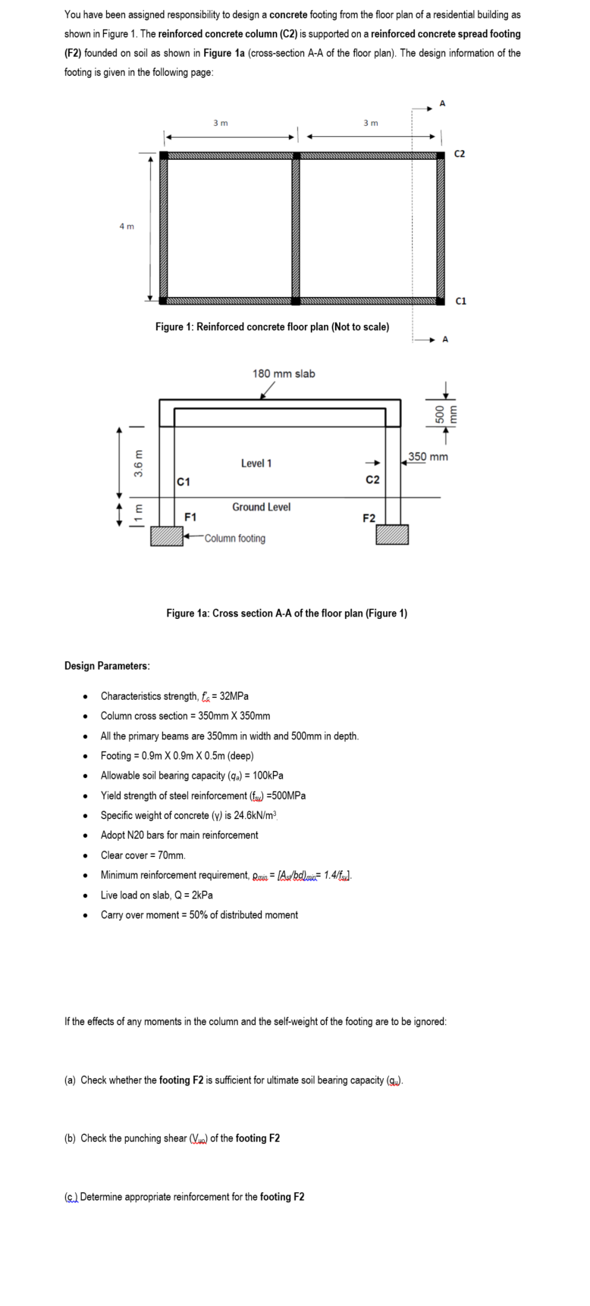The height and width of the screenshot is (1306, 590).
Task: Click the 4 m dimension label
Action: tap(127, 226)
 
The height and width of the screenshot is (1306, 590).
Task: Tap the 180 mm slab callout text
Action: tap(284, 373)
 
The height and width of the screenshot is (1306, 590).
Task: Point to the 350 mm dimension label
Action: tap(428, 457)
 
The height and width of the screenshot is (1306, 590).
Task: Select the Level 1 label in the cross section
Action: tap(256, 463)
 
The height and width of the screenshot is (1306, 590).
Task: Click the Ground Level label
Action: tap(261, 507)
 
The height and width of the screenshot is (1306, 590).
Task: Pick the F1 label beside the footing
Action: tap(191, 517)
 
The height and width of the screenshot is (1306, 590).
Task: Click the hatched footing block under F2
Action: tap(393, 535)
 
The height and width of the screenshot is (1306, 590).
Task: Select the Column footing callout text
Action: tap(235, 539)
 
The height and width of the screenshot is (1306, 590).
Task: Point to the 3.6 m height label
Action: tap(139, 464)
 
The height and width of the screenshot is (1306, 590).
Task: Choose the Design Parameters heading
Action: tap(107, 666)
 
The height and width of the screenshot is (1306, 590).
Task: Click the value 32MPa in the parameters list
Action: tap(234, 696)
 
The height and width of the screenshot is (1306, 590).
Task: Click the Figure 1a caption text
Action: tap(287, 613)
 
